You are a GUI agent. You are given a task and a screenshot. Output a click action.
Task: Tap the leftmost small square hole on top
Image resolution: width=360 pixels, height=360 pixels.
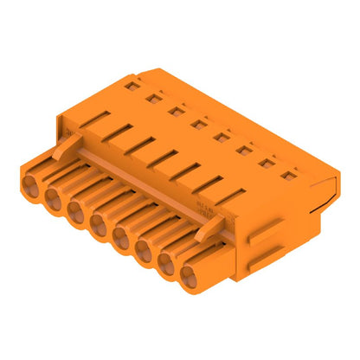point(131,86)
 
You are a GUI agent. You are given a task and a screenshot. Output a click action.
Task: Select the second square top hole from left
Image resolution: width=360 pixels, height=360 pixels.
point(153,98)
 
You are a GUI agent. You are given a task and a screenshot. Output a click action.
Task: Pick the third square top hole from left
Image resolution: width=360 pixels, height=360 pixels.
point(176,111)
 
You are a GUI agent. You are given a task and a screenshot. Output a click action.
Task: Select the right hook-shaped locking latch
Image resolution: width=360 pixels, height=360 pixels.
point(206,228)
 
